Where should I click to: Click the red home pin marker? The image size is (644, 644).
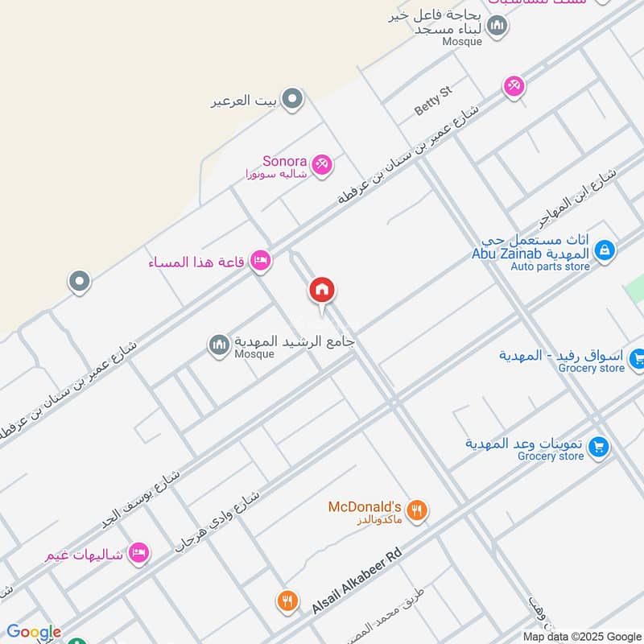[x=322, y=291]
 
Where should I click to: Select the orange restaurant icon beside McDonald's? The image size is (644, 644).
[x=416, y=510]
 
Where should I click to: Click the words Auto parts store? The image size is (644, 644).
[x=550, y=266]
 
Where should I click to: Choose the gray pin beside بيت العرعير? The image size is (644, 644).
[x=293, y=100]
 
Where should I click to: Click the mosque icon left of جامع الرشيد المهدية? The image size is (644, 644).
[x=219, y=345]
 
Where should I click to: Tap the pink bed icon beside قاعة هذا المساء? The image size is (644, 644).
[x=260, y=260]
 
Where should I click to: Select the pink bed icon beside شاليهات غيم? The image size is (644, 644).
[x=138, y=554]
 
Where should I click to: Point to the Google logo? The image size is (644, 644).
[x=34, y=632]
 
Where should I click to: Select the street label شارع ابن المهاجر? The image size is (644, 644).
[x=577, y=198]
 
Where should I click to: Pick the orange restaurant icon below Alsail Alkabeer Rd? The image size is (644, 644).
[x=287, y=601]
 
